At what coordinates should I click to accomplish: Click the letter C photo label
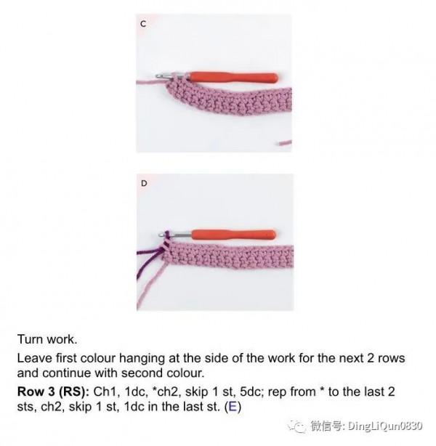[143, 24]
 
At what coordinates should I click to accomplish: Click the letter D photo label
[144, 184]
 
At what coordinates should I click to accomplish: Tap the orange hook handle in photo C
[233, 78]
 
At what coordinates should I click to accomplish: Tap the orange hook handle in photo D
[234, 235]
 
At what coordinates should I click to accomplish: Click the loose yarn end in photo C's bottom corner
[284, 142]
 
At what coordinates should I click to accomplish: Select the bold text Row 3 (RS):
[54, 392]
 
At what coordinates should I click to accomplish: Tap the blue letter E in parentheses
[233, 407]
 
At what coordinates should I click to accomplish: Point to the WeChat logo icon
[296, 426]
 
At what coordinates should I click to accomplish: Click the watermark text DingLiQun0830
[385, 426]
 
